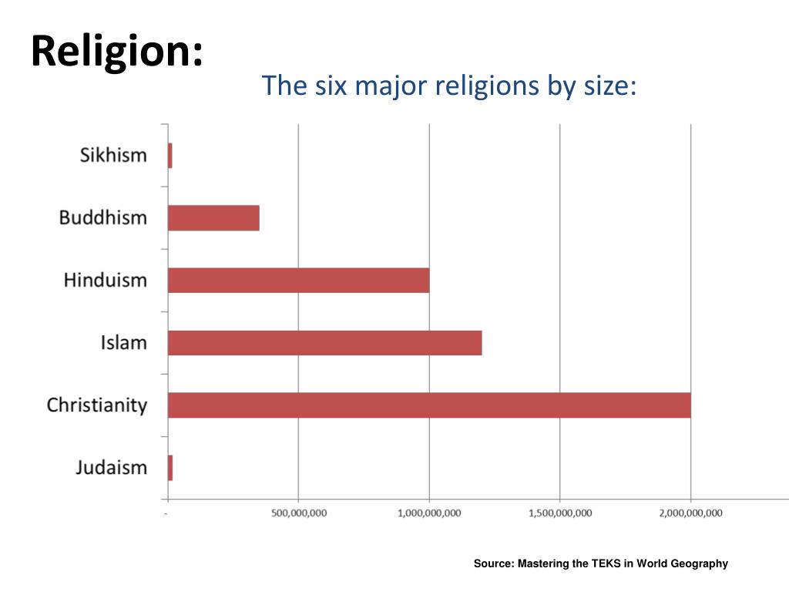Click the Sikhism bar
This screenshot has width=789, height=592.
point(170,156)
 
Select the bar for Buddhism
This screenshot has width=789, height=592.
point(213,218)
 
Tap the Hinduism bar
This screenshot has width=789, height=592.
point(298,281)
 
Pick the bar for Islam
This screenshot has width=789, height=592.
point(324,343)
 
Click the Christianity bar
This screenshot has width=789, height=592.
point(429,405)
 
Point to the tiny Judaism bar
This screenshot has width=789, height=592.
point(170,468)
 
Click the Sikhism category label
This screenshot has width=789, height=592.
point(113,156)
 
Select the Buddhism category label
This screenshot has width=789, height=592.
point(102,218)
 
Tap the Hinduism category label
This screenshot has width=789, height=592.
point(105,281)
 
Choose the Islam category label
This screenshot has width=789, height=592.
point(123,343)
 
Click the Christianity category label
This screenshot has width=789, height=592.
point(96,405)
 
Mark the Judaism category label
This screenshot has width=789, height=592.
point(111,468)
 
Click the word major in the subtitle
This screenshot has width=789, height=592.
point(388,86)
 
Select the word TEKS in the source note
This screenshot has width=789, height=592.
point(605,563)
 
